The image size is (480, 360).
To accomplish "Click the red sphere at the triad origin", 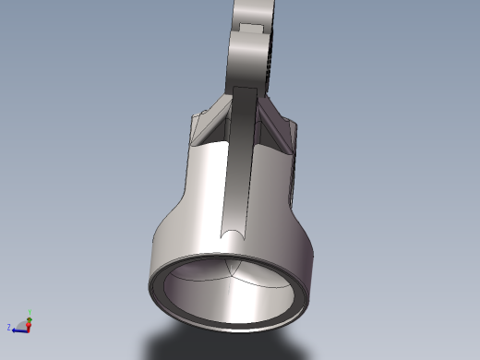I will [28, 325].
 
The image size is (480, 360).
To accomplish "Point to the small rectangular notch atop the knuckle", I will [248, 27].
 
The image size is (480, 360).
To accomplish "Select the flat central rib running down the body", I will [236, 166].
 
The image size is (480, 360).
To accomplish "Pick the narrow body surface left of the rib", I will [203, 185].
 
